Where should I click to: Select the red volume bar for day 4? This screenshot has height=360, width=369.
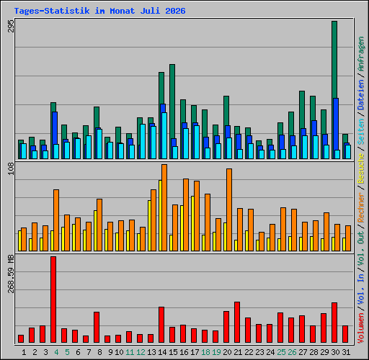(53, 300)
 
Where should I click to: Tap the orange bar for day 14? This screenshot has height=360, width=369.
(164, 207)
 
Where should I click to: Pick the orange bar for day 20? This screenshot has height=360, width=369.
(229, 210)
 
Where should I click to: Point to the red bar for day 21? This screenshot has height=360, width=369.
(237, 322)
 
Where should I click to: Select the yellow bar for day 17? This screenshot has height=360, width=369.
(192, 223)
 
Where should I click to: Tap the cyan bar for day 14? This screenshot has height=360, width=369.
(164, 135)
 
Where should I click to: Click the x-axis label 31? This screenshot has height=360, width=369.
(346, 352)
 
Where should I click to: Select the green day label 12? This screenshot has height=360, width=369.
(141, 352)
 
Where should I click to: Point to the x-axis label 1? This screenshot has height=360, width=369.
(24, 352)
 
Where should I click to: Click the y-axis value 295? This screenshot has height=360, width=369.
(11, 26)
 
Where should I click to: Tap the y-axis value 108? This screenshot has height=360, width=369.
(11, 168)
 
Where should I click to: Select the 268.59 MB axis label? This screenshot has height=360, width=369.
(11, 274)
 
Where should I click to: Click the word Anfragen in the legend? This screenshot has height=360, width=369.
(361, 54)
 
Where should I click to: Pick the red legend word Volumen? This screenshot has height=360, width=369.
(361, 328)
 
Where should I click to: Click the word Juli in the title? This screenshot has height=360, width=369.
(150, 11)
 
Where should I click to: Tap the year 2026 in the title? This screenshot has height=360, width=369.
(175, 11)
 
